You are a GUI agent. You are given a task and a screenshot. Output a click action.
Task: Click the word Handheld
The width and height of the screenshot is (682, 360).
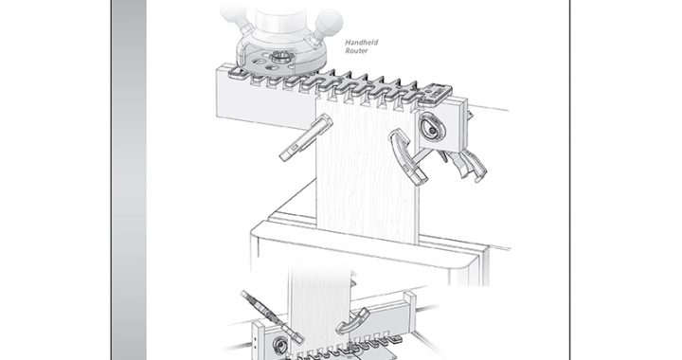tap(362, 43)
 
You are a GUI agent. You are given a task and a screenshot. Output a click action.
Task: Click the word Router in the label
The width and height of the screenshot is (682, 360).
tap(357, 51)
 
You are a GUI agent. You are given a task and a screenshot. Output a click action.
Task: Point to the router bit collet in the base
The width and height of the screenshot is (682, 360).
tap(278, 57)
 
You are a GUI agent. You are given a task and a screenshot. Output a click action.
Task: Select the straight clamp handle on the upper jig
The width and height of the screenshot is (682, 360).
tap(306, 137)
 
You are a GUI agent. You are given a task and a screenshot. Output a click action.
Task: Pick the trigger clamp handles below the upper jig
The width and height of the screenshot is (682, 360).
tap(465, 164)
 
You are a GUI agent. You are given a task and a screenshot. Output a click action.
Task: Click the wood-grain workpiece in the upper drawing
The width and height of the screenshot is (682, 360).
tap(367, 170)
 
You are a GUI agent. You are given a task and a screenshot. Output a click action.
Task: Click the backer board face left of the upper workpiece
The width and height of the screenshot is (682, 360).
tap(265, 98)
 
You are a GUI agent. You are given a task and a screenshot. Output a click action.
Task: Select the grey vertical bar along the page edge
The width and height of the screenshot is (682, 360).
tap(129, 180)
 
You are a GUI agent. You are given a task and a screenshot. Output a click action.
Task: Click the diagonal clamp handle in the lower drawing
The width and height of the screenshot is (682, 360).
tap(272, 316)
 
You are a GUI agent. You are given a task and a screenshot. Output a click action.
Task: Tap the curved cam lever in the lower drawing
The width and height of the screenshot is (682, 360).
tap(352, 321)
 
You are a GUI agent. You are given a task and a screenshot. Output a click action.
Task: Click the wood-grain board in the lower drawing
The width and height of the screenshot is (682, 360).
tap(320, 304)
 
